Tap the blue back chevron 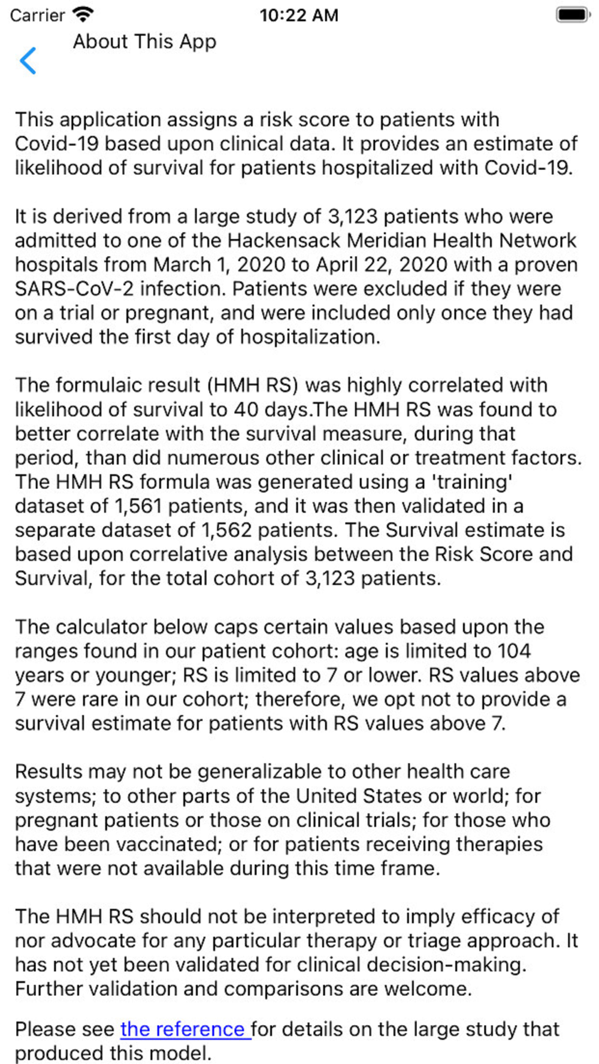pos(28,61)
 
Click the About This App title pos(144,42)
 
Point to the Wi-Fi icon pos(83,14)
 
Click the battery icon pos(572,14)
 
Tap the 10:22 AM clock pos(299,15)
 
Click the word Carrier pos(37,15)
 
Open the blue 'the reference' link pos(184,1029)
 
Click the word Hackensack pos(285,241)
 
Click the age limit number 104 pos(514,651)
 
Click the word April pos(340,265)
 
